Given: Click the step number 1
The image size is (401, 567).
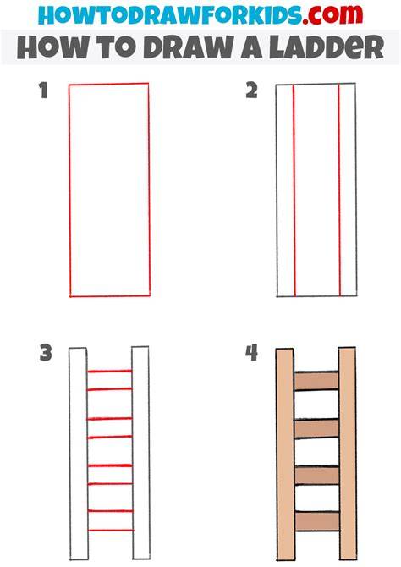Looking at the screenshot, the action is [44, 91].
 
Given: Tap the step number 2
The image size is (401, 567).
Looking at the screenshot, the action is [251, 91].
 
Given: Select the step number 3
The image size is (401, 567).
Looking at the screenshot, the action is [46, 353].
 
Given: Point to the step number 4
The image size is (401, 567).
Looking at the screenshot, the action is [251, 353].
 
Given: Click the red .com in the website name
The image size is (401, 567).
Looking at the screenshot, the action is [332, 15].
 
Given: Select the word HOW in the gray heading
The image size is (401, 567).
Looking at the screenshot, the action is [52, 47].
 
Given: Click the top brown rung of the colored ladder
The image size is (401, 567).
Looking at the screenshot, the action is [316, 381].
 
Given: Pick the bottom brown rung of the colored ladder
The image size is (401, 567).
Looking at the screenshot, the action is [317, 521].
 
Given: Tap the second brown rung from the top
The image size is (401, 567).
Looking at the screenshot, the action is [316, 429].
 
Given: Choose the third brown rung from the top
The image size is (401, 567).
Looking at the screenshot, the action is [316, 475].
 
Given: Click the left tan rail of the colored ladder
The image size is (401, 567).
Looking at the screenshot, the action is [285, 454].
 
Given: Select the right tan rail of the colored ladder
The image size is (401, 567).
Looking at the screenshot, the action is [348, 454].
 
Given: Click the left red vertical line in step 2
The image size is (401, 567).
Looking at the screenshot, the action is [294, 190].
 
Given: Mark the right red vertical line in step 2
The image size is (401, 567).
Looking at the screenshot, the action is [339, 190].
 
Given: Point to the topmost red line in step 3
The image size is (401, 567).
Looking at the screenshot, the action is [110, 371].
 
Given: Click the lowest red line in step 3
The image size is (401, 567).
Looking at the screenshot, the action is [111, 530].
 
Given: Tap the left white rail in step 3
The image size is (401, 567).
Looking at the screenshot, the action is [79, 454].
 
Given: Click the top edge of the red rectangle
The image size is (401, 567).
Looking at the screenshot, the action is [109, 85].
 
